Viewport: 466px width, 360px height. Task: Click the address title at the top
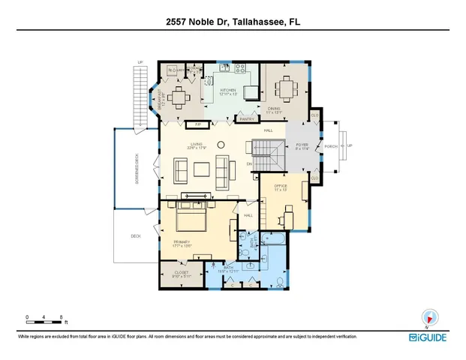(233, 23)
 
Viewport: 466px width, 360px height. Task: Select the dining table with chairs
(287, 87)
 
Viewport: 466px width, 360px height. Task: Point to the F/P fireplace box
(198, 124)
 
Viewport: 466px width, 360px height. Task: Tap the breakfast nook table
(179, 95)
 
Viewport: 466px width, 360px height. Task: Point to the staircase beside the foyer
(267, 158)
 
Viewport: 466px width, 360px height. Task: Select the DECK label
(136, 237)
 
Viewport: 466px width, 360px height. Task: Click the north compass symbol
(430, 318)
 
